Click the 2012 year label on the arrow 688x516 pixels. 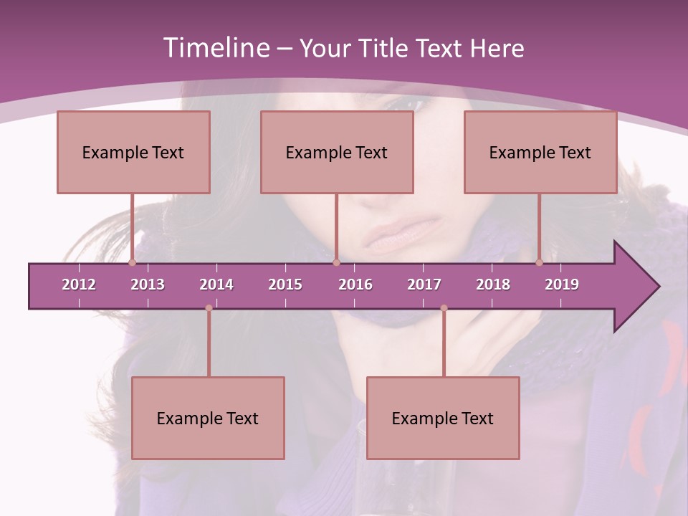click(79, 285)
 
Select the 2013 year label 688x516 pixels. click(148, 285)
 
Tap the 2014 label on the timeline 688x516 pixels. click(216, 285)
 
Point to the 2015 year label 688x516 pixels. click(285, 285)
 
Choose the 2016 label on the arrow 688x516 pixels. click(355, 285)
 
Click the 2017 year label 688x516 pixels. click(424, 285)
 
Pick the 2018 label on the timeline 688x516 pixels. click(493, 285)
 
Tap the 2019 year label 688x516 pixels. click(562, 285)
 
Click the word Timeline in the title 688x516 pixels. click(214, 48)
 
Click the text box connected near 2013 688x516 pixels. click(133, 152)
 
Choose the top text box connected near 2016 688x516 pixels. click(337, 152)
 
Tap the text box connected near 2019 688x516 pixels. click(540, 152)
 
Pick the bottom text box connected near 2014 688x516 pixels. click(208, 418)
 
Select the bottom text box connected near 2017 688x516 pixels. click(443, 418)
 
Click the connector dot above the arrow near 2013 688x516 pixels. click(132, 263)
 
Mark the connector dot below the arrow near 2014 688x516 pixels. click(209, 308)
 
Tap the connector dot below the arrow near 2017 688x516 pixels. click(444, 308)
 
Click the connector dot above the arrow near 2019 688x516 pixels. click(539, 263)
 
